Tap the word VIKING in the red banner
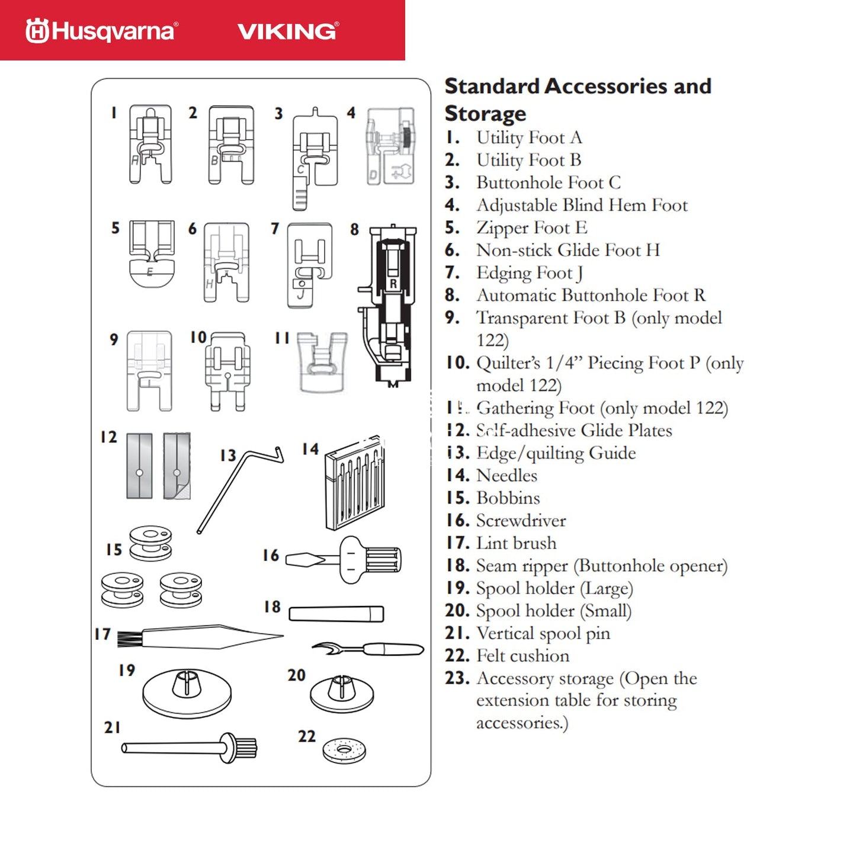click(288, 31)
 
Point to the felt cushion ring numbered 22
click(344, 751)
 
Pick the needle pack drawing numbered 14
click(354, 485)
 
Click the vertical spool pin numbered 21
click(190, 748)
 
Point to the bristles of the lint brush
click(129, 639)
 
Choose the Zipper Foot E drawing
click(152, 254)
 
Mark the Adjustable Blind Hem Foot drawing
click(390, 146)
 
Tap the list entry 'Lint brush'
click(516, 543)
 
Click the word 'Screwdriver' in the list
click(521, 521)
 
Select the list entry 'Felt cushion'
click(522, 656)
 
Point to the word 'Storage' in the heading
click(485, 113)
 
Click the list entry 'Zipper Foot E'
click(531, 228)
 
